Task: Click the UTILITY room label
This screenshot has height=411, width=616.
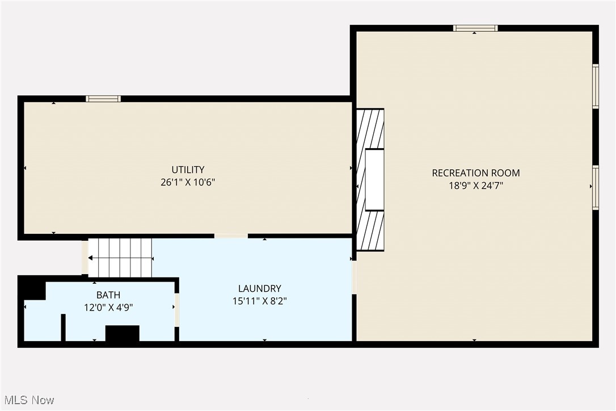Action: [188, 170]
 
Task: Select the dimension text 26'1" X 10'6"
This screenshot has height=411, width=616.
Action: [188, 182]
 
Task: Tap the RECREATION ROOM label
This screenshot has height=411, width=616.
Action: [475, 173]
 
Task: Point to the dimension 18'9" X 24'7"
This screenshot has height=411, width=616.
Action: [475, 185]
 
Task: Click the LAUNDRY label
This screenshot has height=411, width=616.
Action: [259, 288]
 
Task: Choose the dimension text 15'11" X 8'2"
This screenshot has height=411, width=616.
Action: [259, 301]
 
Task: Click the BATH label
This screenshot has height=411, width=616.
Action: [108, 295]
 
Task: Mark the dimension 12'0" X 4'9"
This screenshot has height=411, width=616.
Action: [108, 307]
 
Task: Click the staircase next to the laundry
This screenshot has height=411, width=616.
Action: [121, 258]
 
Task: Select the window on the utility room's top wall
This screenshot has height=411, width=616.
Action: [103, 99]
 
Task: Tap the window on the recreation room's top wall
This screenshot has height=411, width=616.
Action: [475, 28]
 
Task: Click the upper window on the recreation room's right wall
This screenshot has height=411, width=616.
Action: [596, 86]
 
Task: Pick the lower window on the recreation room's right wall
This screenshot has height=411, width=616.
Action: [596, 187]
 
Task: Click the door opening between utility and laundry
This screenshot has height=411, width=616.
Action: [231, 236]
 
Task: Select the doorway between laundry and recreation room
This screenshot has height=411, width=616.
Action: [354, 277]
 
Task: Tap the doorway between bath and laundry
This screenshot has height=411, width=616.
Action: [177, 310]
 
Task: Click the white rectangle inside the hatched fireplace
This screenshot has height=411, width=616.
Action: [374, 179]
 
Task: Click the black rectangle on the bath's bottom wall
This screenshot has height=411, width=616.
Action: [123, 333]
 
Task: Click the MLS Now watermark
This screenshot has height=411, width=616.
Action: [28, 400]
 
